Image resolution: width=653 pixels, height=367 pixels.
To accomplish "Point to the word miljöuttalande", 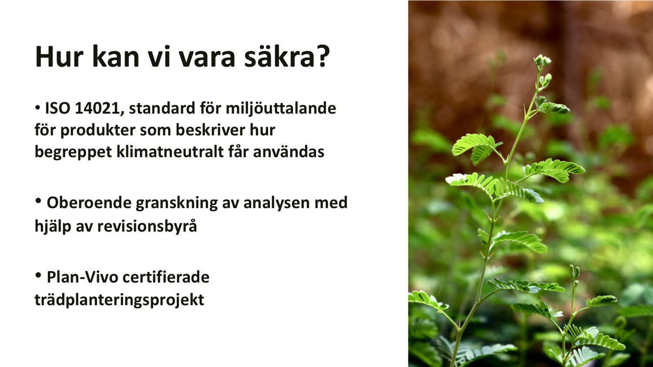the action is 281,108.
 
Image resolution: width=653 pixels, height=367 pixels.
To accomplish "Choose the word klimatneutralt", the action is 170,152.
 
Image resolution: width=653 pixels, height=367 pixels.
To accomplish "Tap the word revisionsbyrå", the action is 147,226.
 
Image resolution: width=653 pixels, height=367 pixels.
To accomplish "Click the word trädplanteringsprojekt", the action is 119,300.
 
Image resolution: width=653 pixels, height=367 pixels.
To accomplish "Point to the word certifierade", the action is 166,277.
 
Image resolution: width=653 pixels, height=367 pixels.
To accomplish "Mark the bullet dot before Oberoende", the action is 38,201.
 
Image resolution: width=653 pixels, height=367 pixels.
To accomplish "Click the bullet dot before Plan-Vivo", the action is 38,275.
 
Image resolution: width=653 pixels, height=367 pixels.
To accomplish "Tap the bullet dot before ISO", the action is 37,108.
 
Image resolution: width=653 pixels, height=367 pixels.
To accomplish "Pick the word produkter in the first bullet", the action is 98,130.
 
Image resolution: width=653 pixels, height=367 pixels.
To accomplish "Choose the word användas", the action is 289,152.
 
